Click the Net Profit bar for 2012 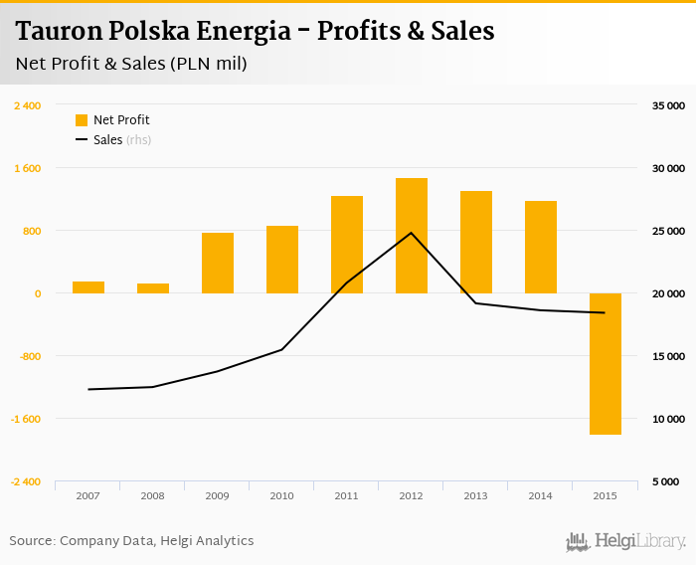click(411, 236)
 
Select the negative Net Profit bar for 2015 click(605, 364)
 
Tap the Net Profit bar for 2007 click(88, 287)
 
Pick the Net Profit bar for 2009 click(218, 264)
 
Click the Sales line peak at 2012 click(411, 233)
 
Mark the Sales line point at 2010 click(281, 349)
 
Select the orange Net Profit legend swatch click(82, 120)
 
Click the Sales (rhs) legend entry click(121, 140)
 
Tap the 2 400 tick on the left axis click(28, 105)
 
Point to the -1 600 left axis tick click(26, 419)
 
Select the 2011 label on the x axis click(346, 495)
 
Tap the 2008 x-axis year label click(152, 495)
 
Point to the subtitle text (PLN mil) click(208, 65)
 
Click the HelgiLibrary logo click(626, 541)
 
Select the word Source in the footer click(31, 541)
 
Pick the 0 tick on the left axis click(38, 293)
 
